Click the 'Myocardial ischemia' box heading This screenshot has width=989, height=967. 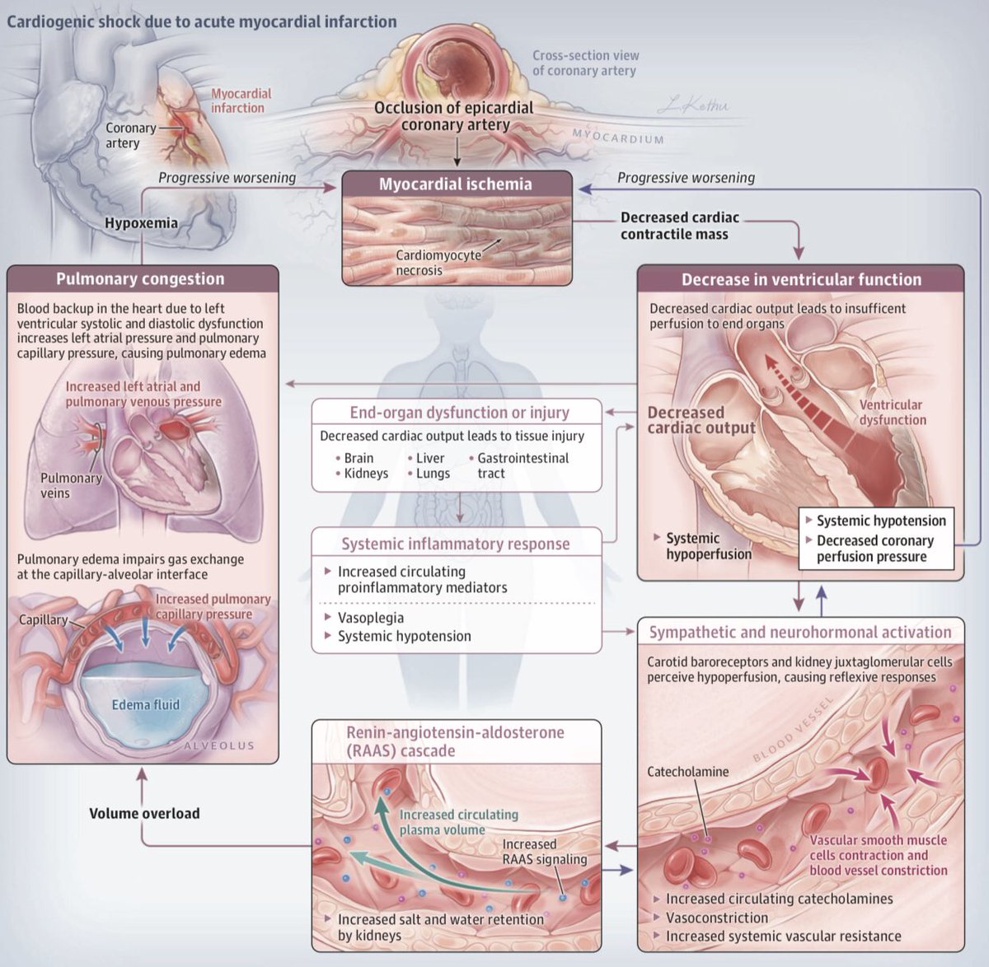pos(456,184)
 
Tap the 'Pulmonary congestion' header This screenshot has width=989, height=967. pos(140,279)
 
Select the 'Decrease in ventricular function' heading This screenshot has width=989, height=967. pos(801,279)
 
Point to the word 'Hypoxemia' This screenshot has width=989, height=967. pos(141,223)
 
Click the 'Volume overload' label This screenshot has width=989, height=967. pos(144,813)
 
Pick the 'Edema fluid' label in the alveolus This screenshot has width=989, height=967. pos(146,704)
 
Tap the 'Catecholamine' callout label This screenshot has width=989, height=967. pos(687,772)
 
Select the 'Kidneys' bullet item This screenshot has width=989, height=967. pos(363,474)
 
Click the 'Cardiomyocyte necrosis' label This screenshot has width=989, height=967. pos(438,263)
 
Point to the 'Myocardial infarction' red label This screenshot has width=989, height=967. pos(241,100)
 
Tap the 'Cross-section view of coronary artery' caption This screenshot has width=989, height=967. pos(585,63)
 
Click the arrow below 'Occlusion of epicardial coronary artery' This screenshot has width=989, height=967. pos(457,151)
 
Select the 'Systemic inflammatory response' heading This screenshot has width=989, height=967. pos(456,544)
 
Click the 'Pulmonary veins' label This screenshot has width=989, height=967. pos(71,485)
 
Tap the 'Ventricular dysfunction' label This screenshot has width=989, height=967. pos(893,413)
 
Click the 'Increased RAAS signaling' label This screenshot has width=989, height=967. pos(544,852)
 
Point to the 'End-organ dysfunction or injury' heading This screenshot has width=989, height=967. pos(459,413)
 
